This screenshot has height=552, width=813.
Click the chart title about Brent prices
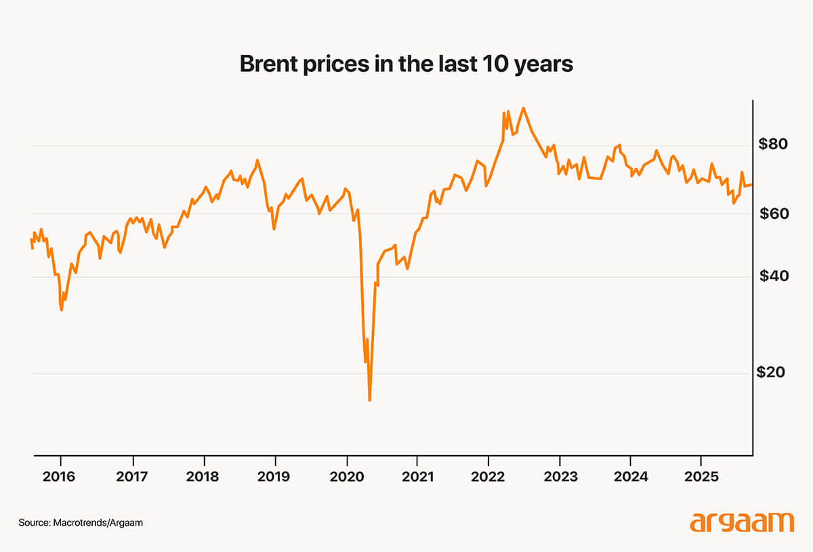click(x=406, y=64)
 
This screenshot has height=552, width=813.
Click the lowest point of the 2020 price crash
click(x=369, y=400)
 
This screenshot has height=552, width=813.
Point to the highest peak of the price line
click(x=523, y=108)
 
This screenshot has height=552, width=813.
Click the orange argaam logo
click(x=741, y=522)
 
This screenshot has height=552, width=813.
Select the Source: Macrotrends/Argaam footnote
click(x=81, y=523)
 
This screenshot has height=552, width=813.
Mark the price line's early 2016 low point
click(x=62, y=310)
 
